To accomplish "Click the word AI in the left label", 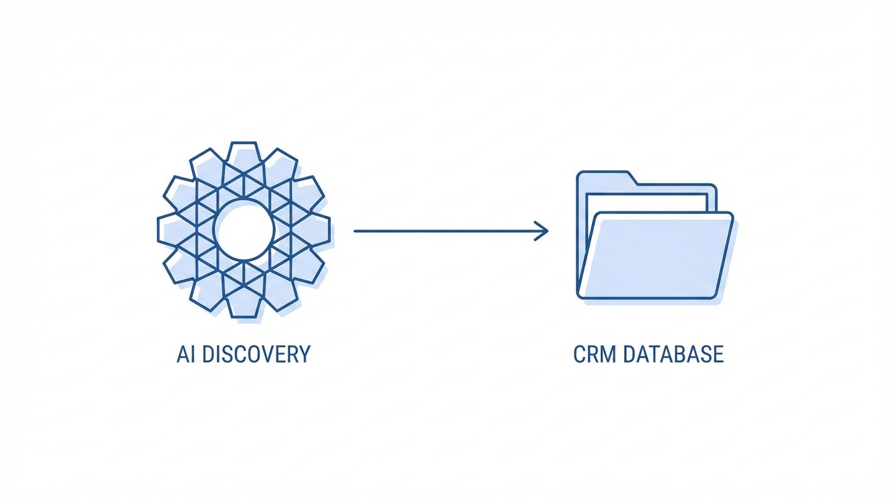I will coord(186,355).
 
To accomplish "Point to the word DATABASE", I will coord(673,355).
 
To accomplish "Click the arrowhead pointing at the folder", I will coord(543,231).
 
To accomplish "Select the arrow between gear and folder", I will coord(448,231).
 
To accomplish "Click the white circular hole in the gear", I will coord(244,230).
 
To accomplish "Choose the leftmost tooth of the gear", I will coord(168,230).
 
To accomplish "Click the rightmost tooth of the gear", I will coord(320,230).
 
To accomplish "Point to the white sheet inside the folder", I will coord(646,202).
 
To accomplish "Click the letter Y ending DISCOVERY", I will coord(304,355).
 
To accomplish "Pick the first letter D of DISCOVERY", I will coord(207,355).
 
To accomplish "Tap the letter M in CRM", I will coord(609,355).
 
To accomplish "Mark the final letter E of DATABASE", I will coord(718,355).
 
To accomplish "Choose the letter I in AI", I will coord(193,355).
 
